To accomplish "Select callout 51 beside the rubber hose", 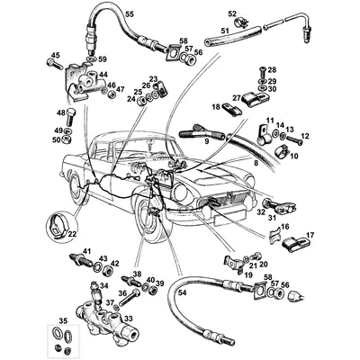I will tap(225, 31).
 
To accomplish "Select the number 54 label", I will tap(182, 293).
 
